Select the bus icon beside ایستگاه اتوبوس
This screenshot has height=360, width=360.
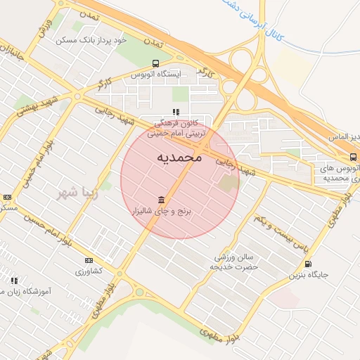155,63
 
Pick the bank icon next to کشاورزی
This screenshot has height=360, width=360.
89,260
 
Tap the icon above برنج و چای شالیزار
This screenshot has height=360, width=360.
162,200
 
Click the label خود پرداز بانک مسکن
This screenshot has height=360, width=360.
92,40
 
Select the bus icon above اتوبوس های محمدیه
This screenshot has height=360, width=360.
353,157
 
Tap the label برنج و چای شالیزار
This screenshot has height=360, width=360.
166,210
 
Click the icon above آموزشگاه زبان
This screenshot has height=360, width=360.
14,281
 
